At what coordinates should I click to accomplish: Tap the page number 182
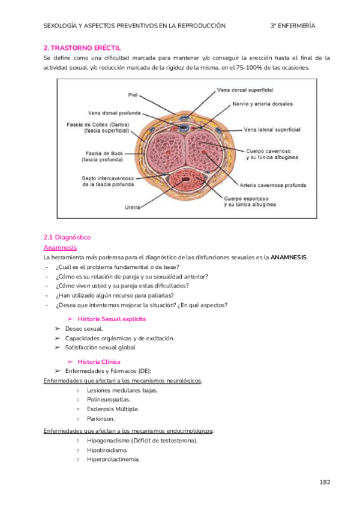(325, 482)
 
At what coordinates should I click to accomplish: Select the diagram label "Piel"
(133, 95)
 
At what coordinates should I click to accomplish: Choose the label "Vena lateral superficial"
(272, 129)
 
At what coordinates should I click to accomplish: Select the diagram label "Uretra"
(133, 207)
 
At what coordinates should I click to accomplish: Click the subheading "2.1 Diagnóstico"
(67, 237)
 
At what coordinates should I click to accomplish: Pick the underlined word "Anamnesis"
(60, 247)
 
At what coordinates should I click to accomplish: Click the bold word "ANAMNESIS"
(288, 257)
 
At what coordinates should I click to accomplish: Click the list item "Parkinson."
(101, 418)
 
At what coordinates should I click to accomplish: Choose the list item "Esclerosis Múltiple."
(112, 409)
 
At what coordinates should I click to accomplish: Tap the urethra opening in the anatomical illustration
(187, 178)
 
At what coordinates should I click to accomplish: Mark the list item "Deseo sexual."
(84, 329)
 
